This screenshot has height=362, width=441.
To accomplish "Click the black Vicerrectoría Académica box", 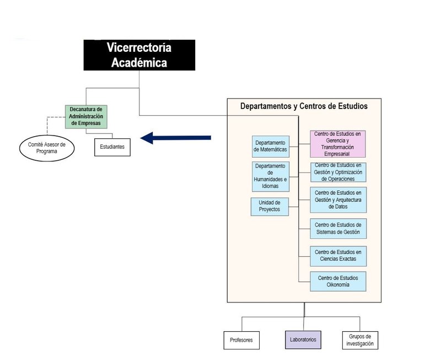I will click(x=139, y=55).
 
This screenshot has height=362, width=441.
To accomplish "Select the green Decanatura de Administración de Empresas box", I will click(x=85, y=116).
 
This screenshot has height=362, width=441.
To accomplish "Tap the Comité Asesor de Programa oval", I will click(x=46, y=148).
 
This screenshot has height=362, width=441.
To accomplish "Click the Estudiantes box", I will click(x=112, y=147).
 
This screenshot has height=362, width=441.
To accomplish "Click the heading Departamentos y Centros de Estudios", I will click(x=304, y=106).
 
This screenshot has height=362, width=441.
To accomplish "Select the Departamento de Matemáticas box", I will click(x=271, y=146).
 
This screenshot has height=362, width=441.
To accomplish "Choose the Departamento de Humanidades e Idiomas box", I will click(x=271, y=176).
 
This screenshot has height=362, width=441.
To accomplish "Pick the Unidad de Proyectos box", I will click(x=270, y=206).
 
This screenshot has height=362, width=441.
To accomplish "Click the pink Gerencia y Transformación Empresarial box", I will click(x=338, y=144).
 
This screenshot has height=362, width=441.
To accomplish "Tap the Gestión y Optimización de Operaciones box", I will click(x=338, y=172).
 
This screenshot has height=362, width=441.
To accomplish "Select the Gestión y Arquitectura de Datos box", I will click(x=338, y=199).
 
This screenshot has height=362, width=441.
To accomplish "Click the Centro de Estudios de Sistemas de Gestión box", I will click(x=338, y=228).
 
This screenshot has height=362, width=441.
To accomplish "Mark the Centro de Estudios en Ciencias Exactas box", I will click(x=338, y=256).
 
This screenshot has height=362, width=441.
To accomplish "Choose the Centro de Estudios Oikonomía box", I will click(x=338, y=282).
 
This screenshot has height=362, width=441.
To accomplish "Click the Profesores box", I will click(x=241, y=340).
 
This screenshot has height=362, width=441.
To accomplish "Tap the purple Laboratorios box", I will click(x=303, y=340).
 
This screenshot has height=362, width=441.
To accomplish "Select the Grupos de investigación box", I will click(x=360, y=340).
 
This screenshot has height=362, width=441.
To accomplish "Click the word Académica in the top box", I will click(x=139, y=62).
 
